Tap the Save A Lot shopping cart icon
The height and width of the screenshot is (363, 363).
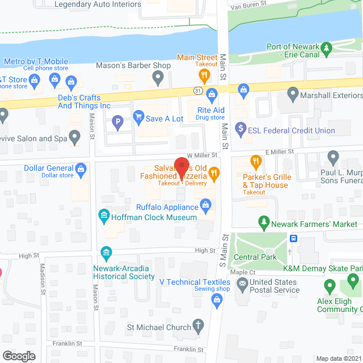point(138,119)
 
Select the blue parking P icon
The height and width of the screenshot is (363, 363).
point(118,121)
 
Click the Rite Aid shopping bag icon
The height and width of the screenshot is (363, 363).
point(212,94)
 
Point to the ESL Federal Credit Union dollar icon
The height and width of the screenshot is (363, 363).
point(241,129)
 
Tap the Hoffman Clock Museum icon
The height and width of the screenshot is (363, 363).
point(104,216)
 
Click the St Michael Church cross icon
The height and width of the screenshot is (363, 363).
point(198,326)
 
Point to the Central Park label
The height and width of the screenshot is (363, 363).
point(255,257)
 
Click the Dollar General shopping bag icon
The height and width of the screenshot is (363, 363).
point(81,168)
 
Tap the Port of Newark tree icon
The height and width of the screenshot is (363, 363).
point(326,48)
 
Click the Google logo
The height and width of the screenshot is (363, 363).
point(19,356)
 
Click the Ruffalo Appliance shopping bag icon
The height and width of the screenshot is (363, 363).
point(206,206)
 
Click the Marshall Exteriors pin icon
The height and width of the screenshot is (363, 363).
point(293,92)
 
